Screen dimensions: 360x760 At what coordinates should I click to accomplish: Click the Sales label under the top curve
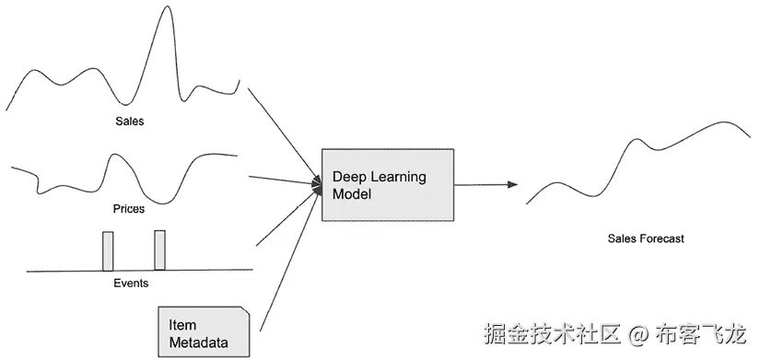(x=130, y=121)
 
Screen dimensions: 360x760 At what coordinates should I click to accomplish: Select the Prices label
(x=128, y=209)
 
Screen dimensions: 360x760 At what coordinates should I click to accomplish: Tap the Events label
(x=130, y=284)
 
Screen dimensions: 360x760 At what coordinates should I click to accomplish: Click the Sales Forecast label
(x=646, y=238)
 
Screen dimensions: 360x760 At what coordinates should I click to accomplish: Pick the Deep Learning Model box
(x=388, y=184)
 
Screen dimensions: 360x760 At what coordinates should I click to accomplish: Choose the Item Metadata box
(x=204, y=332)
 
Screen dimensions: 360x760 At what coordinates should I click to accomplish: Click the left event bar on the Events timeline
(x=108, y=250)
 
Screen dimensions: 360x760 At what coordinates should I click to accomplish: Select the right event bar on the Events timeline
(x=159, y=250)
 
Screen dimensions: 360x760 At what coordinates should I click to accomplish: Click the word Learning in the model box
(x=398, y=177)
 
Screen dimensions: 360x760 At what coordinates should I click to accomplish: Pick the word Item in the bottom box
(x=182, y=326)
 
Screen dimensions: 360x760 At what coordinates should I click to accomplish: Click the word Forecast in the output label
(x=661, y=238)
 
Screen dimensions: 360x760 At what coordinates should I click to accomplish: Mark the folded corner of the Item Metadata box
(x=243, y=313)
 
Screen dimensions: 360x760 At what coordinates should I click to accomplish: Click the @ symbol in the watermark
(x=642, y=331)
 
